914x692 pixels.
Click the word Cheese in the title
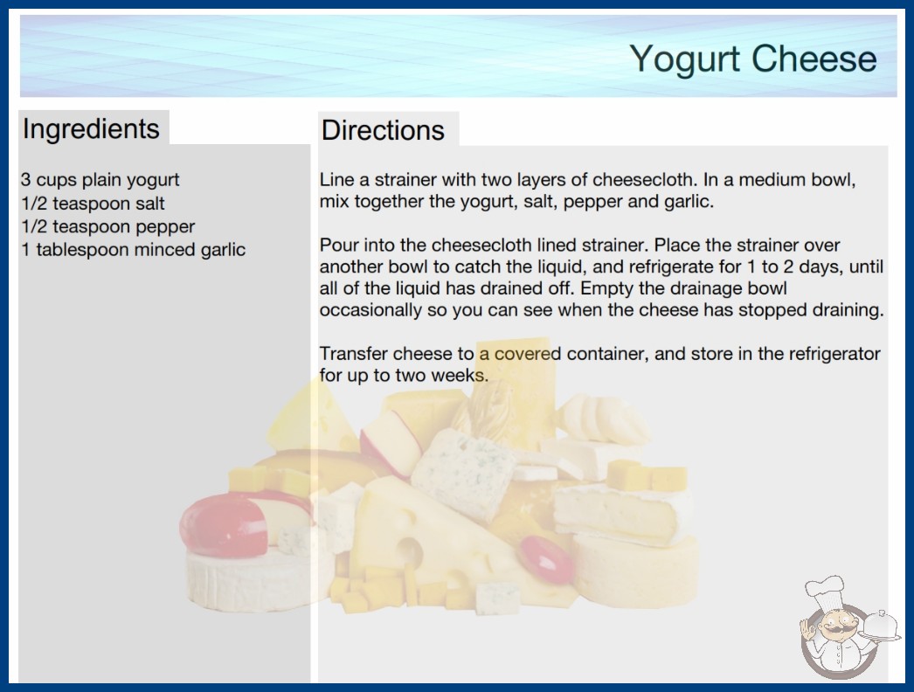click(814, 59)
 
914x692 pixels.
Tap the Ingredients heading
click(91, 129)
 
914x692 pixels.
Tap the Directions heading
click(383, 129)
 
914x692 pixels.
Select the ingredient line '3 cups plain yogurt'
click(100, 180)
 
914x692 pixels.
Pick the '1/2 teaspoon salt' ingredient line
click(93, 204)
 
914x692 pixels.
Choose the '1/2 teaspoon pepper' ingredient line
click(107, 227)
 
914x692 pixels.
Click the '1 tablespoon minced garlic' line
click(134, 250)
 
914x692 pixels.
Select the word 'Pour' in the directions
click(338, 245)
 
